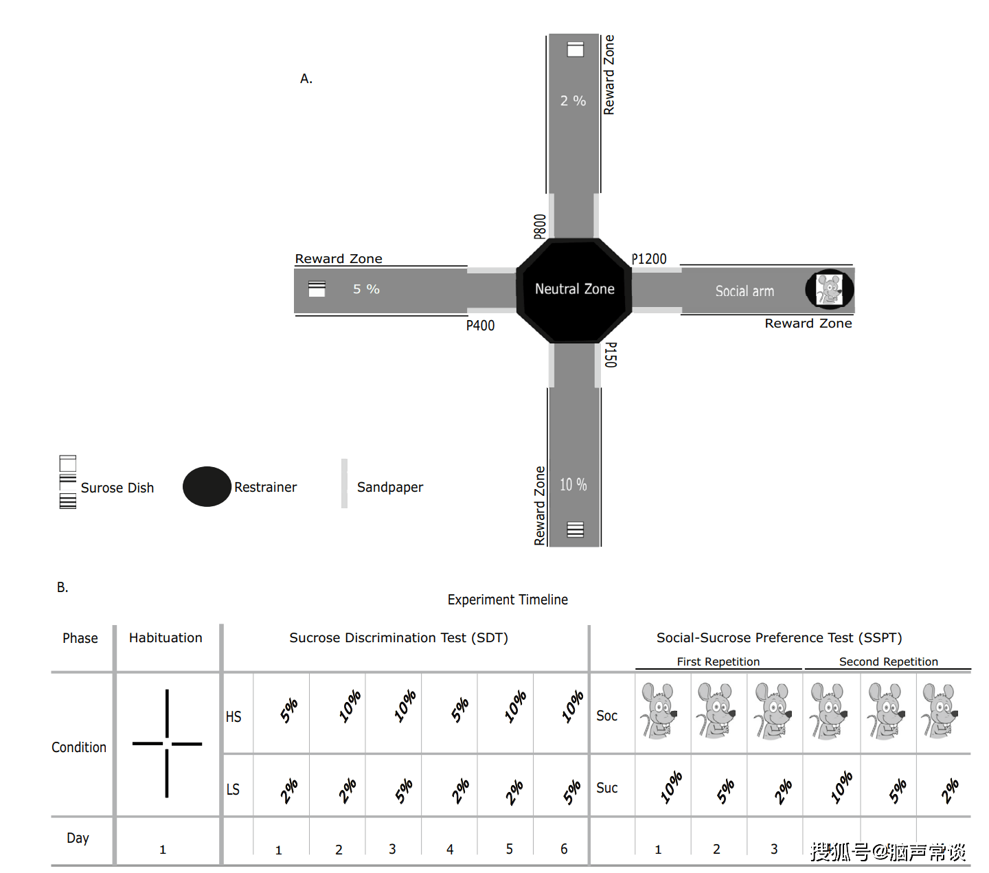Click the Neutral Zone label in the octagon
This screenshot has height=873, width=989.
pyautogui.click(x=574, y=289)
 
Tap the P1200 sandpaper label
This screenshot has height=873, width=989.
pyautogui.click(x=649, y=259)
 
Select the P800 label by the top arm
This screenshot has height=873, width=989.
pyautogui.click(x=540, y=226)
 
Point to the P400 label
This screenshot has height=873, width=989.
pyautogui.click(x=480, y=326)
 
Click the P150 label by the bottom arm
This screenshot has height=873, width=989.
pyautogui.click(x=610, y=354)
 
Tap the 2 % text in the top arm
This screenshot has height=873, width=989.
pyautogui.click(x=573, y=101)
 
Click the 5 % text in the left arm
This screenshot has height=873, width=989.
pyautogui.click(x=366, y=289)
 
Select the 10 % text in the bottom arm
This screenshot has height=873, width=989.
pyautogui.click(x=573, y=485)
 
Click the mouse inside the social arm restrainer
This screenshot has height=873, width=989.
pyautogui.click(x=829, y=289)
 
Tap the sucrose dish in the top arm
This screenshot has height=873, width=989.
pyautogui.click(x=575, y=49)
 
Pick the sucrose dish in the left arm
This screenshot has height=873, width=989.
pyautogui.click(x=317, y=289)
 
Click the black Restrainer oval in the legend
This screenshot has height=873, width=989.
pyautogui.click(x=207, y=486)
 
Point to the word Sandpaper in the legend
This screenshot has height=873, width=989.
pyautogui.click(x=390, y=487)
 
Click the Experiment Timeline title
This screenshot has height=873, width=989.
pyautogui.click(x=508, y=600)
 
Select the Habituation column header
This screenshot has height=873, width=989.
pyautogui.click(x=166, y=638)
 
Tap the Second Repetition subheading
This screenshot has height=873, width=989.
pyautogui.click(x=888, y=661)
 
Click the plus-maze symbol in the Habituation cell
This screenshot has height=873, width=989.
pyautogui.click(x=167, y=743)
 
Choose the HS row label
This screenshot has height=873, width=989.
pyautogui.click(x=234, y=717)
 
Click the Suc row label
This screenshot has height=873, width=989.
pyautogui.click(x=606, y=788)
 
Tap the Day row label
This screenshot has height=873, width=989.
pyautogui.click(x=78, y=838)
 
